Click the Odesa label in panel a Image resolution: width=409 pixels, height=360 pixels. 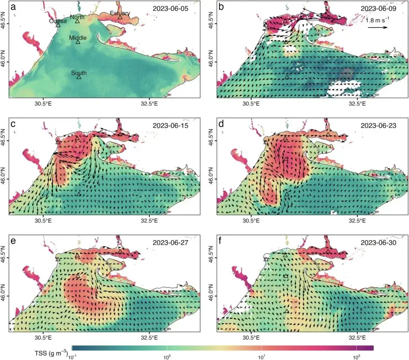pos(58,21)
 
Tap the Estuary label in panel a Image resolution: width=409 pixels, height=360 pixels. pos(120,13)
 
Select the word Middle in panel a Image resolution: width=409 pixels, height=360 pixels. pos(78,38)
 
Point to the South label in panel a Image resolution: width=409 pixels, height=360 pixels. pos(79,73)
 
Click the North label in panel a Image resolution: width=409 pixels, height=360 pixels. pos(77,17)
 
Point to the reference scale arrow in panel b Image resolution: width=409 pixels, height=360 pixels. pos(377,28)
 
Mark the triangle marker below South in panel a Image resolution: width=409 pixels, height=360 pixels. pos(79,77)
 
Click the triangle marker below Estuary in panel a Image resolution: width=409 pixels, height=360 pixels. pos(120,17)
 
